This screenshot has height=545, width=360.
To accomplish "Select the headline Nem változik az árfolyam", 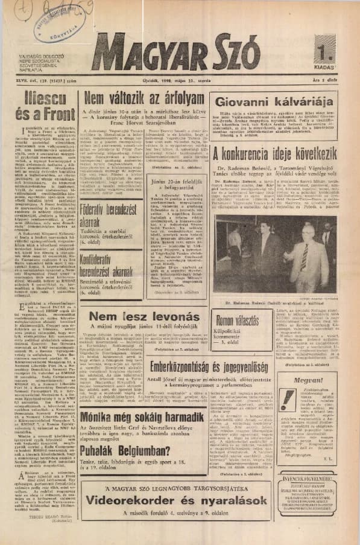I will click(x=145, y=100).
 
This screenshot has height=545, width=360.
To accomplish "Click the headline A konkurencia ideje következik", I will click(x=274, y=155).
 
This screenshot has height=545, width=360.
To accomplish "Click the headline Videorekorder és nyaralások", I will click(x=175, y=500).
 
